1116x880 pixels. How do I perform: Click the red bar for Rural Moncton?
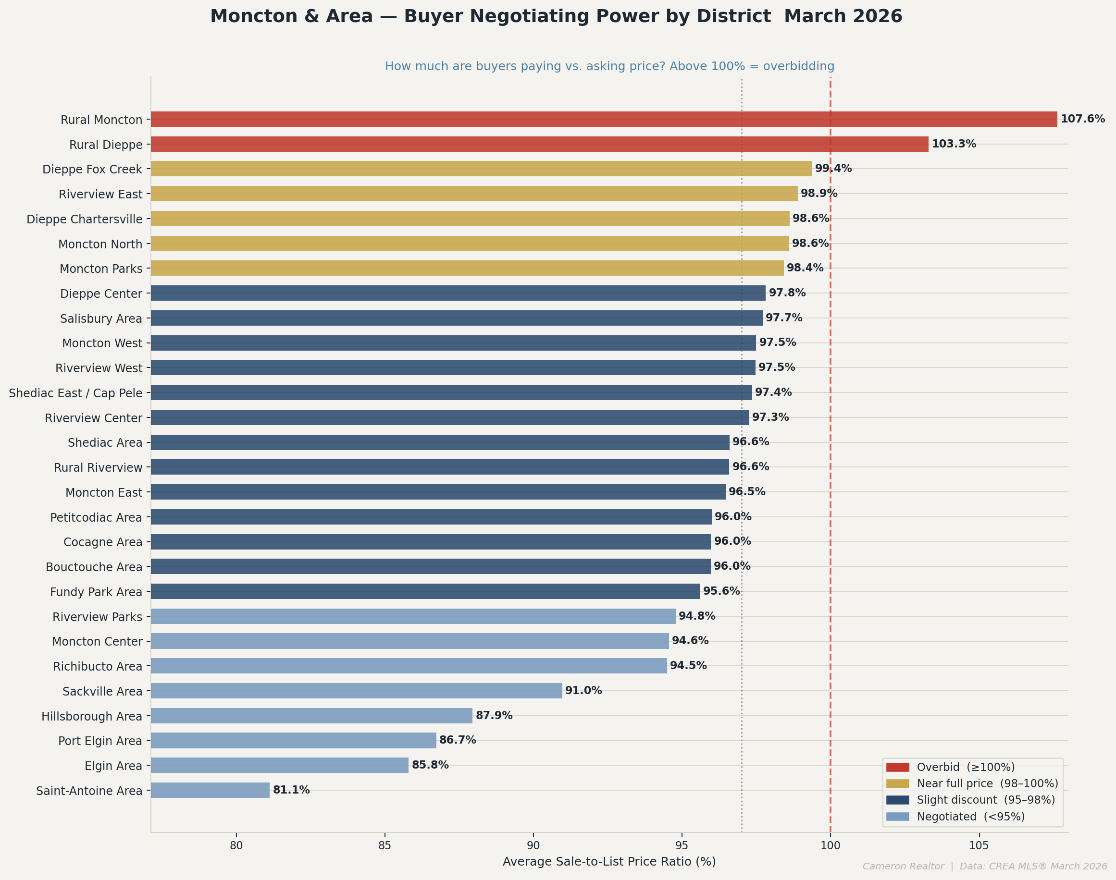[x=603, y=119]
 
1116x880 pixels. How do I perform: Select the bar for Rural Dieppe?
[x=539, y=144]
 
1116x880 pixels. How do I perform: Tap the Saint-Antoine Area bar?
[x=210, y=790]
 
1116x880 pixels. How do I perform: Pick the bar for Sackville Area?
[x=356, y=690]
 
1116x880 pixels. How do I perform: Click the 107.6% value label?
[x=1082, y=119]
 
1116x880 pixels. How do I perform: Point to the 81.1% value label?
[x=291, y=790]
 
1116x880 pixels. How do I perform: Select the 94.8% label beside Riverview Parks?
[x=696, y=616]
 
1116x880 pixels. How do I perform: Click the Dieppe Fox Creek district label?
[x=92, y=170]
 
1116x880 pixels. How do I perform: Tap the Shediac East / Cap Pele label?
[x=75, y=393]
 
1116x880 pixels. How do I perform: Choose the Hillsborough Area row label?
[x=91, y=716]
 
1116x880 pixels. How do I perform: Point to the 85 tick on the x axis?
[x=384, y=845]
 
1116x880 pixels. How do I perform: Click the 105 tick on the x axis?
[x=979, y=845]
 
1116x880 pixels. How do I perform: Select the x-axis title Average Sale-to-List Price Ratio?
[x=609, y=862]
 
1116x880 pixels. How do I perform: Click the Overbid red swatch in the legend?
[x=897, y=767]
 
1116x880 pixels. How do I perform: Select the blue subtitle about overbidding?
[x=609, y=66]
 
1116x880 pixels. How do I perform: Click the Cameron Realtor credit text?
[x=903, y=867]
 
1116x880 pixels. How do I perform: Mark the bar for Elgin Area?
[x=279, y=765]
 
